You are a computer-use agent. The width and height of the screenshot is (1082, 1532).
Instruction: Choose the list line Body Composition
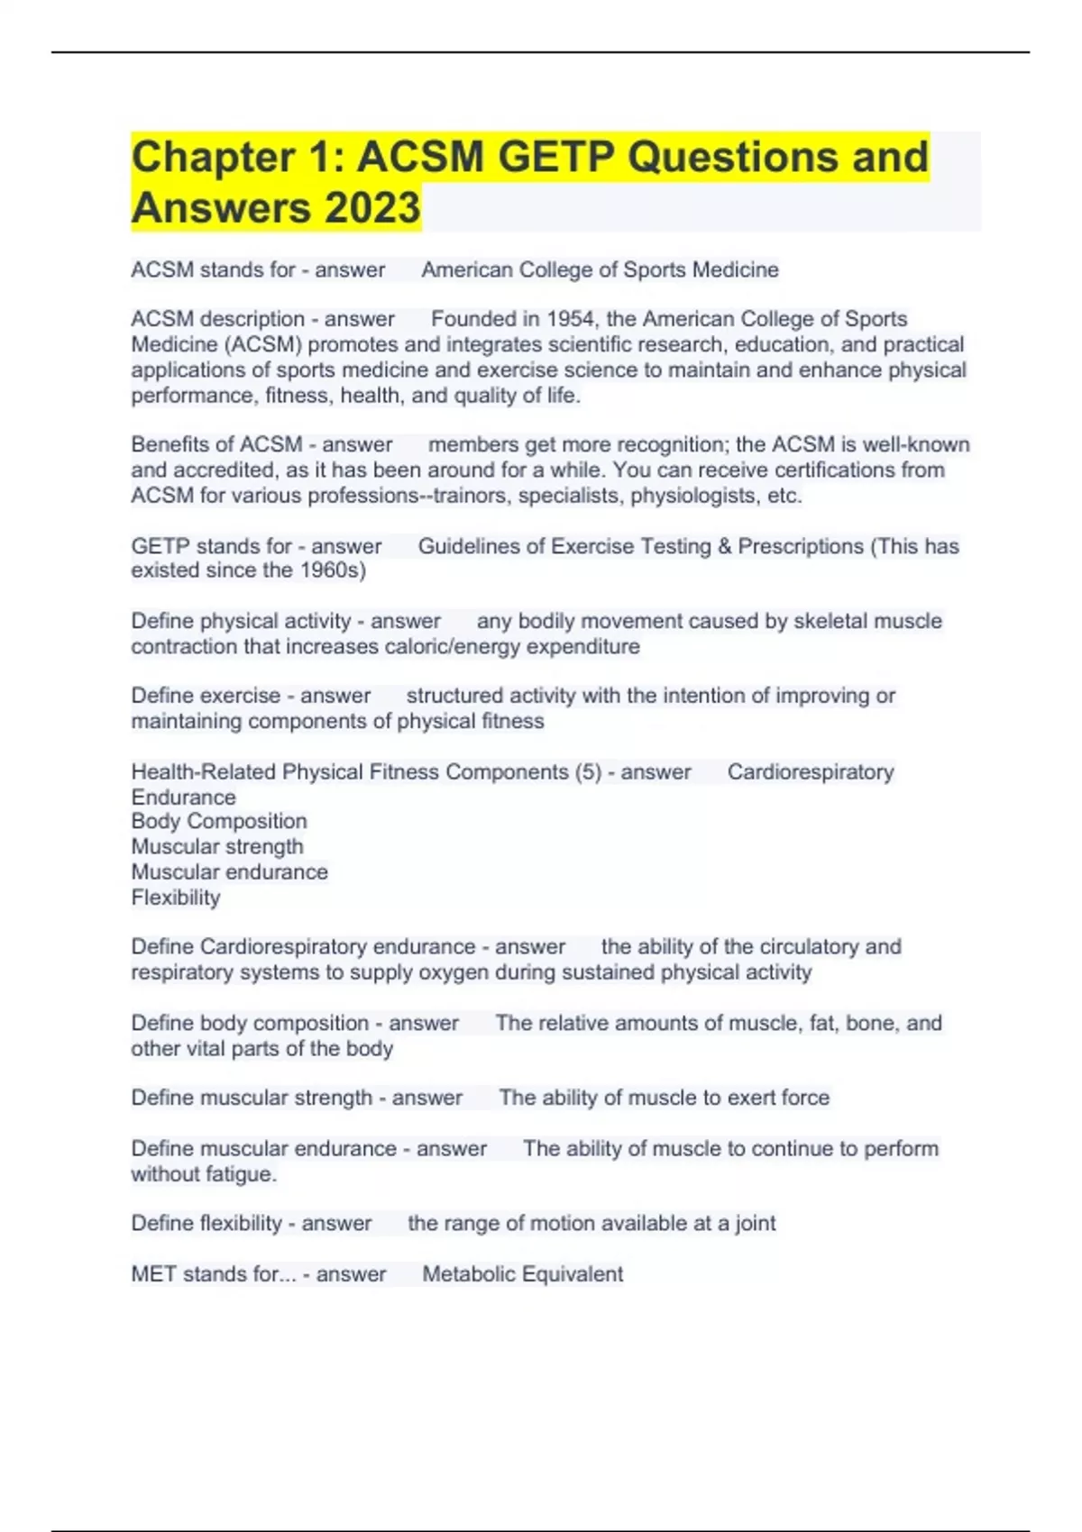click(x=219, y=821)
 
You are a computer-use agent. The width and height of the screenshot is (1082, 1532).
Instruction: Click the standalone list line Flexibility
click(x=176, y=898)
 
